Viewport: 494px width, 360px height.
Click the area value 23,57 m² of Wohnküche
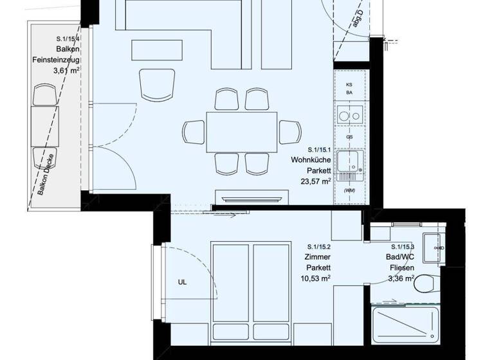click(315, 181)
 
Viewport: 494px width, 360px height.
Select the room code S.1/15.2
click(318, 246)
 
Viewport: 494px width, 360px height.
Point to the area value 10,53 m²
click(315, 278)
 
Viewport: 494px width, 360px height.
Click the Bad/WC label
click(401, 256)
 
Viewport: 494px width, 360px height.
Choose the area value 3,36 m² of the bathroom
click(401, 278)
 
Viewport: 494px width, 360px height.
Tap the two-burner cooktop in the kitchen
click(349, 116)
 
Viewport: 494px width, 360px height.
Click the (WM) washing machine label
click(349, 191)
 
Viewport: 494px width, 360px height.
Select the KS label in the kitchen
click(349, 84)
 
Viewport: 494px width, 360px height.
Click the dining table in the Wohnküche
click(241, 131)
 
